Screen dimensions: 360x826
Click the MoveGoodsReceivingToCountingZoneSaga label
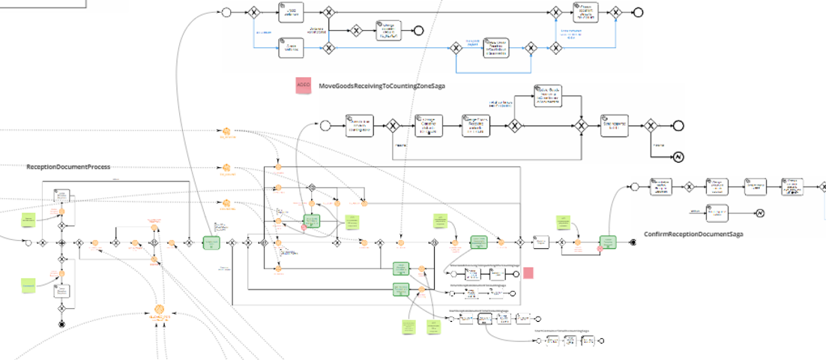pyautogui.click(x=382, y=86)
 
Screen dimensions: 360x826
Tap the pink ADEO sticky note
pyautogui.click(x=304, y=85)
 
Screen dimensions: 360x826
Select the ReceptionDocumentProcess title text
pyautogui.click(x=68, y=166)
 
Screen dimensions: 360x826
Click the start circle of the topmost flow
pyautogui.click(x=226, y=12)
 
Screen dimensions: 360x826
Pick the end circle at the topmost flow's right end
pyautogui.click(x=638, y=12)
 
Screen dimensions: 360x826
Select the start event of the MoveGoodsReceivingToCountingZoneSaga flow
pyautogui.click(x=325, y=125)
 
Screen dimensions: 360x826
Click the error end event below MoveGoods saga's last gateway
pyautogui.click(x=677, y=157)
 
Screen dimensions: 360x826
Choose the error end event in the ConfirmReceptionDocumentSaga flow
pyautogui.click(x=759, y=213)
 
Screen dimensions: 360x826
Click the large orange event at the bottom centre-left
pyautogui.click(x=159, y=309)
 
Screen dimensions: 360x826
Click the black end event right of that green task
pyautogui.click(x=633, y=242)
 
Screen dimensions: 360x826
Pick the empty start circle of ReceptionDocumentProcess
pyautogui.click(x=28, y=242)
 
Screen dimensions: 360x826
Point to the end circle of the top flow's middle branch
pyautogui.click(x=418, y=31)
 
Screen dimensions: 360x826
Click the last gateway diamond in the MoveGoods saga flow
pyautogui.click(x=651, y=126)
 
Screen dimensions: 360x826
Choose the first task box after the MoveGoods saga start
pyautogui.click(x=360, y=125)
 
